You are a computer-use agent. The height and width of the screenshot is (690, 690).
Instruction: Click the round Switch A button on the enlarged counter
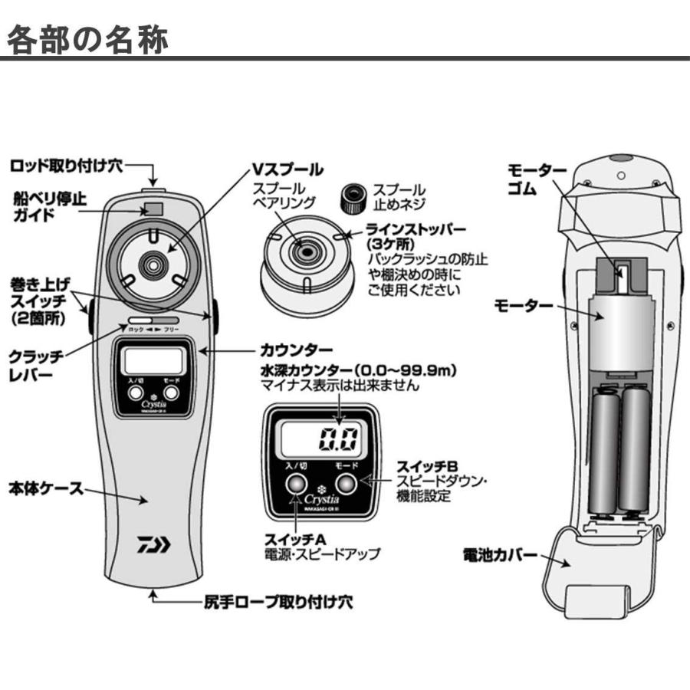point(296,485)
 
